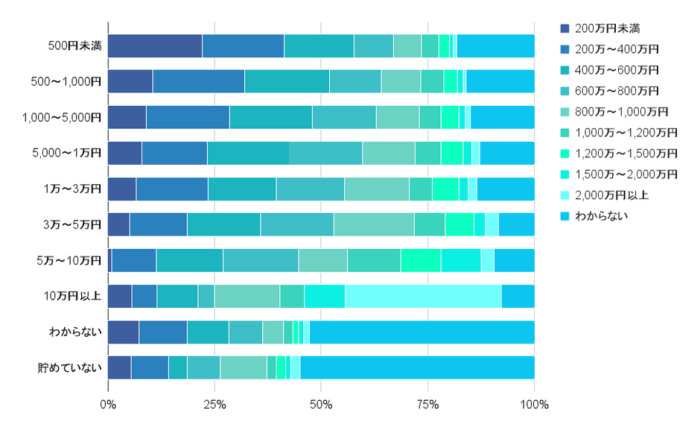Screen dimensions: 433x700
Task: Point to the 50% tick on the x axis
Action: pos(321,405)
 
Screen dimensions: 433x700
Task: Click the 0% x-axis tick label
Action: pos(108,405)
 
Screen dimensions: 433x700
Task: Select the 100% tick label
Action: pos(534,405)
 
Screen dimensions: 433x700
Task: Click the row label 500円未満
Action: pos(74,46)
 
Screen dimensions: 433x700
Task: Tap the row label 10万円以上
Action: pos(74,297)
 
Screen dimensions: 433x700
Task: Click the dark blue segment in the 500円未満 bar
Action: pos(155,46)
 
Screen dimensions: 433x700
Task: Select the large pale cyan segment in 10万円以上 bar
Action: pos(423,297)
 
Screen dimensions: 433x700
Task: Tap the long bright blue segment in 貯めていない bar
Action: pos(417,368)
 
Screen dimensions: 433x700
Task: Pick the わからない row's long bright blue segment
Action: pos(421,332)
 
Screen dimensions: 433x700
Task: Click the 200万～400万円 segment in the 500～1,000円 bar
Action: pos(198,82)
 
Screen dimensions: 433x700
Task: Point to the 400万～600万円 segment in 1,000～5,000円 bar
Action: pos(270,118)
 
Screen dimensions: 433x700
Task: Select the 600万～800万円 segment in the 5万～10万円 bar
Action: pos(261,261)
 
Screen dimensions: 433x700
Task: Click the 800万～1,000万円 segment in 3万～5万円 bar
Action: pos(374,225)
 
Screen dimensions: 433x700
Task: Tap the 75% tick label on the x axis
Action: pos(427,405)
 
